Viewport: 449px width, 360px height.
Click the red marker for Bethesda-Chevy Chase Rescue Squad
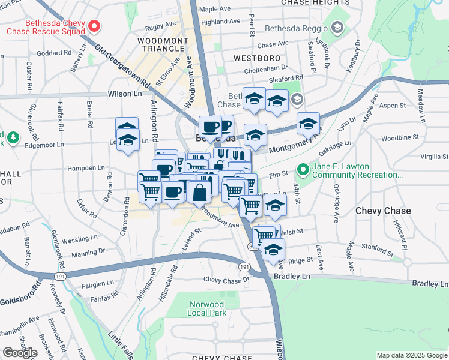(94, 26)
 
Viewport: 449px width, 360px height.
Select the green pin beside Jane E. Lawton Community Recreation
(303, 170)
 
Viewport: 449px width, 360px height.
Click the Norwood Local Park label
(206, 308)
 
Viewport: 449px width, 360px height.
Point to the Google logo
(20, 352)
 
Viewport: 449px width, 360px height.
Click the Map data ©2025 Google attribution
(411, 355)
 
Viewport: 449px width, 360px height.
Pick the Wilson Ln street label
(125, 94)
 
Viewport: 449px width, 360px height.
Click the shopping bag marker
(200, 192)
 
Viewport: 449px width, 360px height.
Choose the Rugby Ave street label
(160, 26)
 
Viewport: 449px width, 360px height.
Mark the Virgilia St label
(434, 157)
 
